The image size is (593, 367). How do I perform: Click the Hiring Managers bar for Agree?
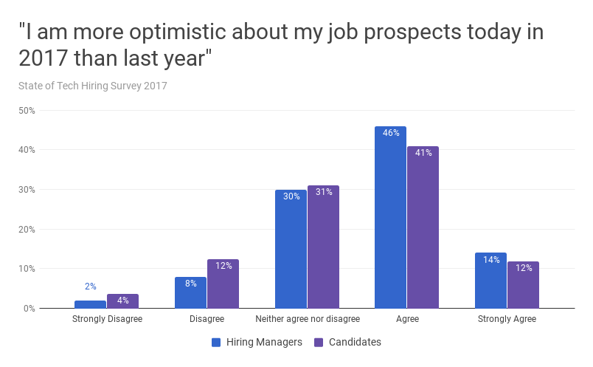390,218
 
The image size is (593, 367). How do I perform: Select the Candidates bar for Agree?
423,227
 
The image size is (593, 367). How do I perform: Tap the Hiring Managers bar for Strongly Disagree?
91,304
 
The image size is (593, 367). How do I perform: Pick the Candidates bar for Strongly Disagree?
122,301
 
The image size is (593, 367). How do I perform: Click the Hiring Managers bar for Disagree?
190,292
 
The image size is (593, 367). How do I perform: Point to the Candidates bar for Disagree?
223,284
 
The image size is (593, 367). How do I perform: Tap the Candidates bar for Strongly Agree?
523,284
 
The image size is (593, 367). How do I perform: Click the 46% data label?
391,133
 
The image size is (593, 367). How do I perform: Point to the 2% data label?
91,287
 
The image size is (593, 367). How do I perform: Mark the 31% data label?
323,192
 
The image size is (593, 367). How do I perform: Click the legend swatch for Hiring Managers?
216,342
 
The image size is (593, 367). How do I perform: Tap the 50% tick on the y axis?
27,111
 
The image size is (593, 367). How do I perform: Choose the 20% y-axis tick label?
27,229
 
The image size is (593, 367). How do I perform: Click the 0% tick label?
29,308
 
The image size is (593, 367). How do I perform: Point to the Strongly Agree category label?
507,320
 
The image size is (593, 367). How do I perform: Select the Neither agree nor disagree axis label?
307,320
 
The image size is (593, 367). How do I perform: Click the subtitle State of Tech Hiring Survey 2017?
93,86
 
